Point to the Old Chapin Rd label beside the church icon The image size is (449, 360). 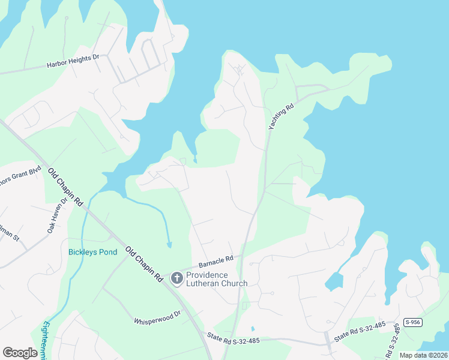144,264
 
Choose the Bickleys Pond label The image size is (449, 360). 92,252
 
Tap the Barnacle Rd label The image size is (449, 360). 216,262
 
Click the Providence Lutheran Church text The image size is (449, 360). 216,279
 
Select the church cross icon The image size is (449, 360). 176,278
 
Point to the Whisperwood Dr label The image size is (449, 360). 157,313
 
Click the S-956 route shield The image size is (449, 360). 411,322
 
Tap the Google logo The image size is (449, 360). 20,353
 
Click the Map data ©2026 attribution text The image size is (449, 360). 423,355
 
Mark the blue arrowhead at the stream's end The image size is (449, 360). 169,245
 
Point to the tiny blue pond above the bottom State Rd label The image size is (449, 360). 253,329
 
